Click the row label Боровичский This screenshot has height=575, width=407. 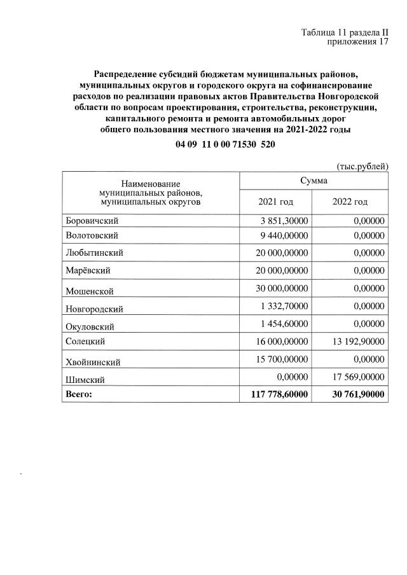tap(92, 221)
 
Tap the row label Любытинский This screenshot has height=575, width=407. tap(94, 253)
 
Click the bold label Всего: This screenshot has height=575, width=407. tap(79, 395)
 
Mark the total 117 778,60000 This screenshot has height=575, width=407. tap(275, 395)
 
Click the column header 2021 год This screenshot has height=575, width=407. tap(275, 202)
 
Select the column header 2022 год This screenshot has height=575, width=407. tap(350, 202)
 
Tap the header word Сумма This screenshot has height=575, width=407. tap(312, 181)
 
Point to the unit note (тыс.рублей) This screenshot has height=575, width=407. tap(361, 165)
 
